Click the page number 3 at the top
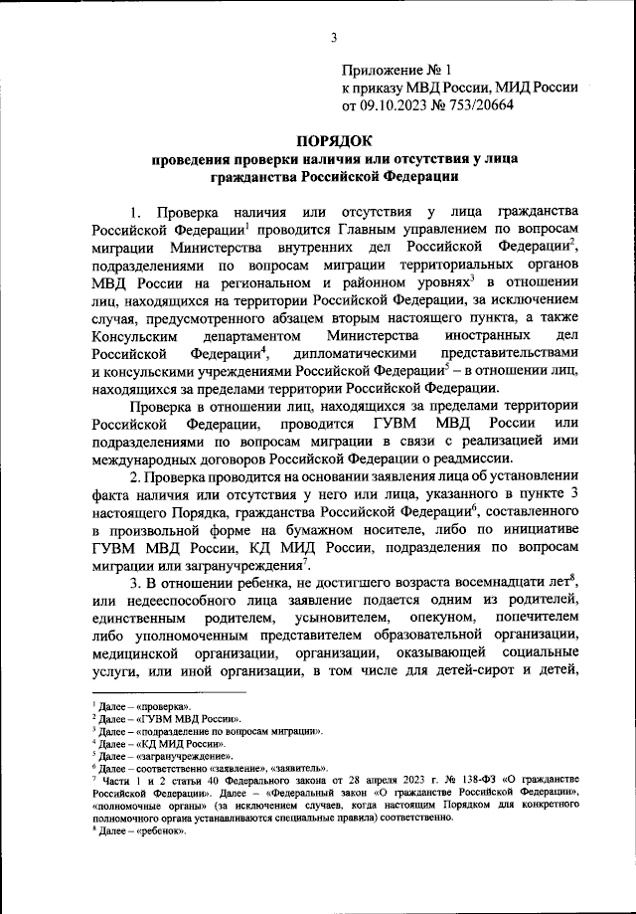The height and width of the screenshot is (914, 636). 335,38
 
